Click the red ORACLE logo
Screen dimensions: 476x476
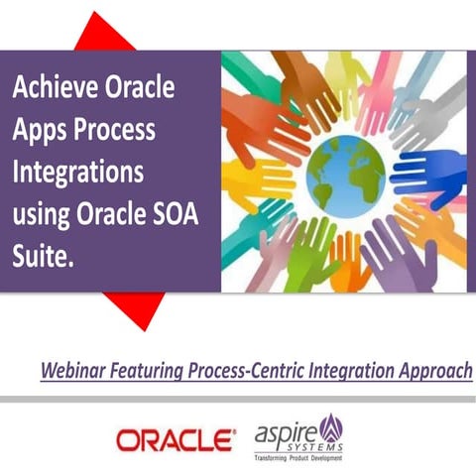[176, 437]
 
